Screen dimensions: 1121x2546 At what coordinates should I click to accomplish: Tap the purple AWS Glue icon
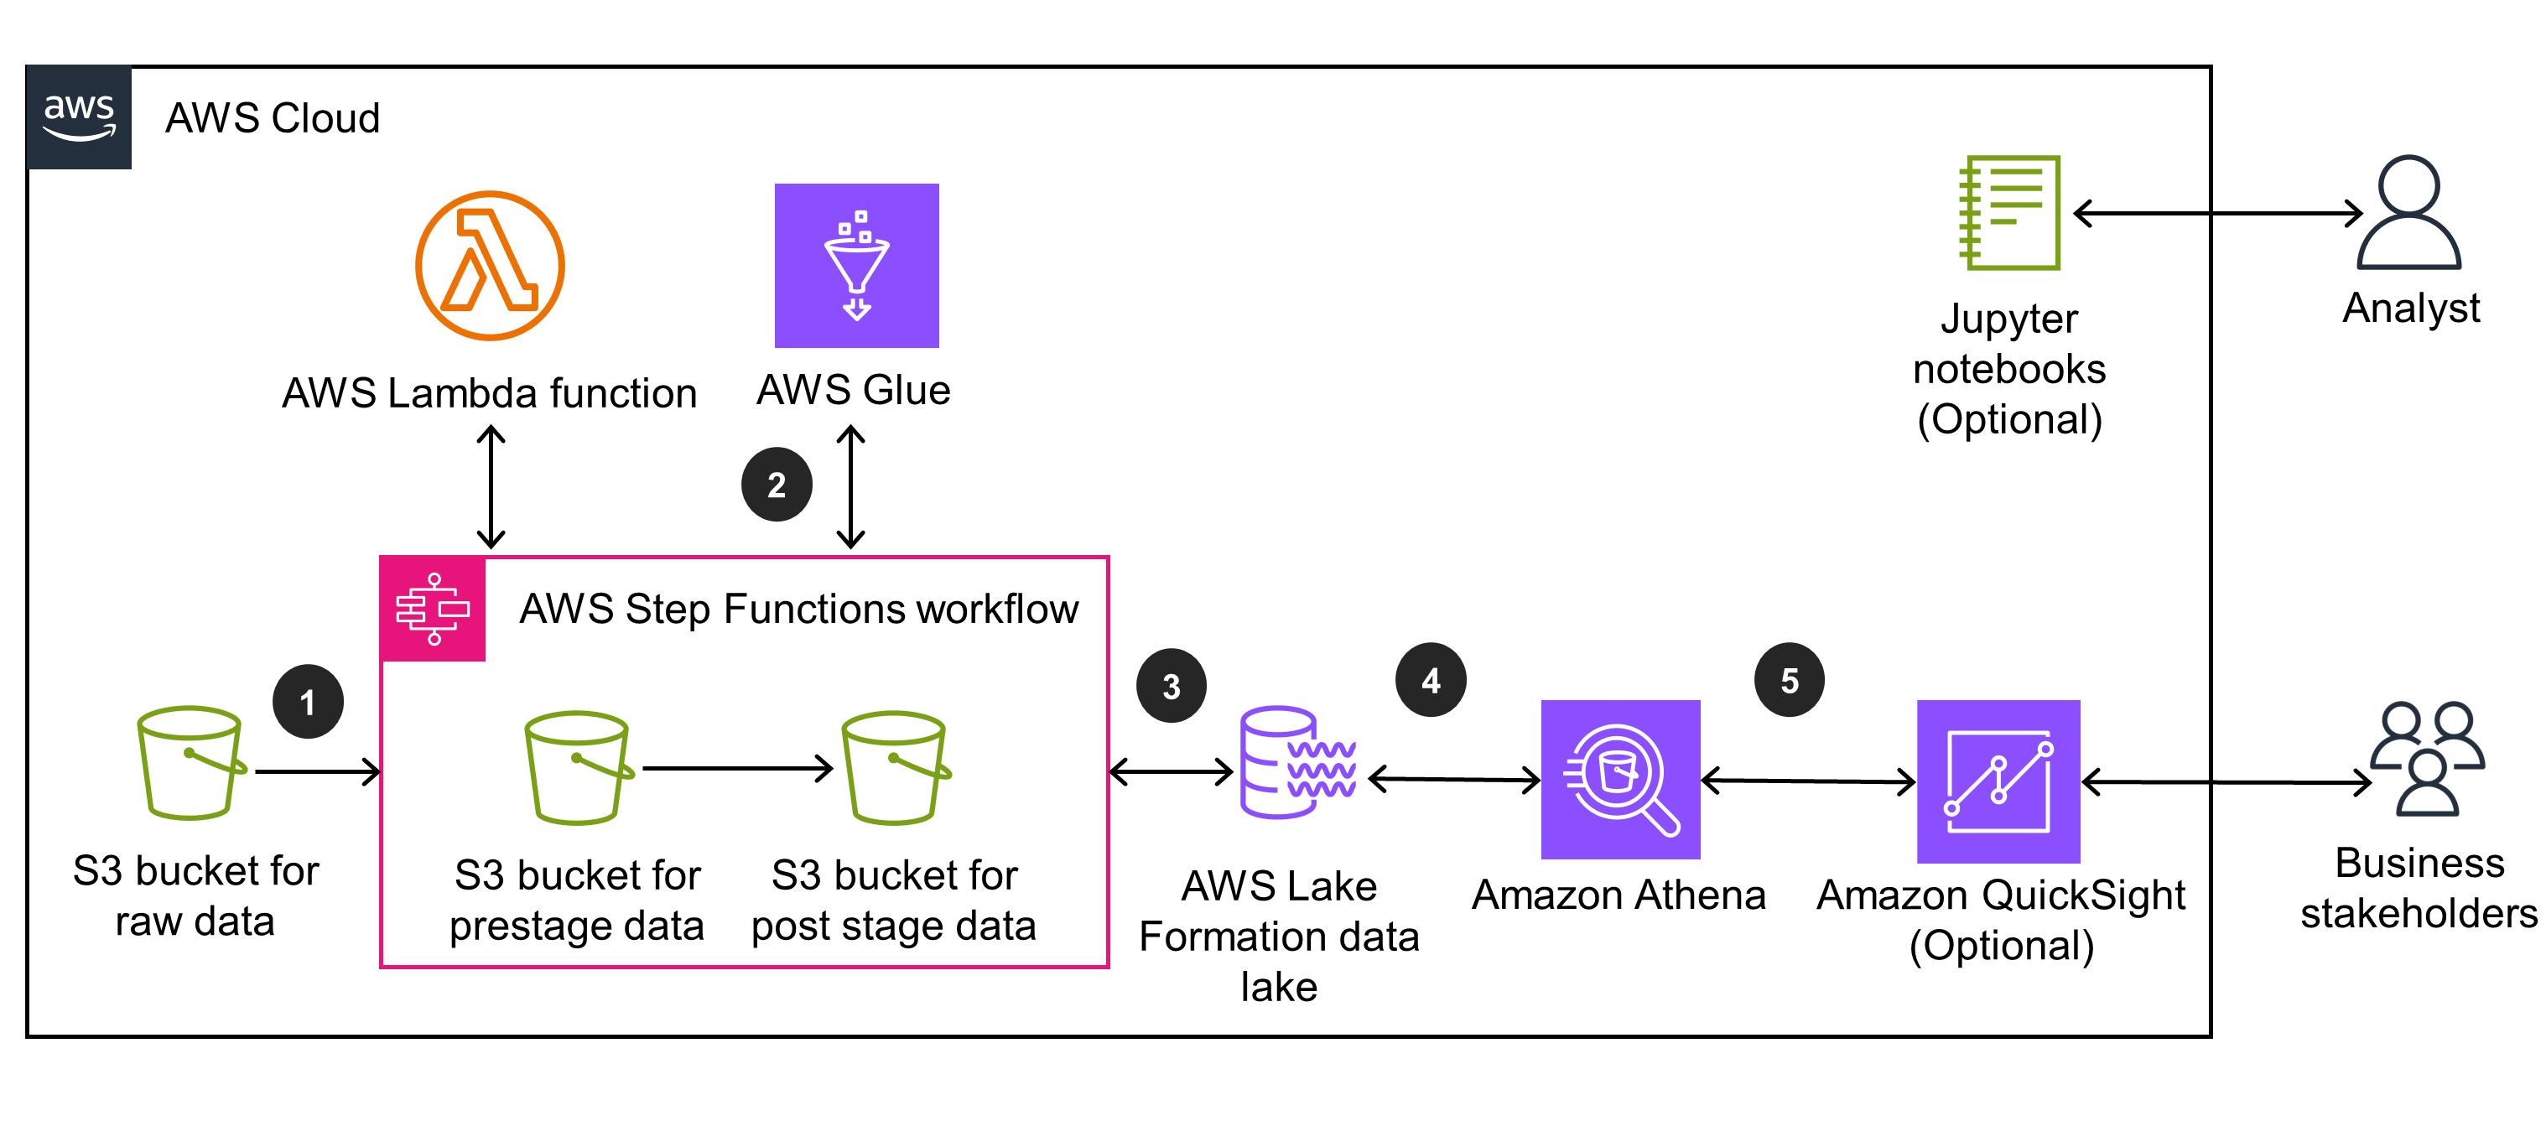tap(856, 265)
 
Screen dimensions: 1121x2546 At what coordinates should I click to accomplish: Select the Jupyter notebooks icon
tap(2010, 212)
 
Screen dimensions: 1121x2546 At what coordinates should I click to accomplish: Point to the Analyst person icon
tap(2408, 212)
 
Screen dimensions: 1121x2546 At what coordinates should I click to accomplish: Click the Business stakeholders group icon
tap(2426, 758)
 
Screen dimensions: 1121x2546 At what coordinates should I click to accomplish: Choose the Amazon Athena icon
tap(1620, 779)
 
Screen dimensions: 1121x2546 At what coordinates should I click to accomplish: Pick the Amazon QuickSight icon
tap(1998, 781)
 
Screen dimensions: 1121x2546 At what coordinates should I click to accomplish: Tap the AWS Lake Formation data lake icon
tap(1296, 762)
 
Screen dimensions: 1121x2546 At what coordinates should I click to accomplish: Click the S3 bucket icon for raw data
tap(190, 762)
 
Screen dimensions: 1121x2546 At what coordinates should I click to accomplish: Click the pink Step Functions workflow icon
tap(433, 609)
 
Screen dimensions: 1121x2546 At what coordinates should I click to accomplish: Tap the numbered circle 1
tap(308, 702)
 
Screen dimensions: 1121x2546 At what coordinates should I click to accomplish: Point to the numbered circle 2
tap(777, 485)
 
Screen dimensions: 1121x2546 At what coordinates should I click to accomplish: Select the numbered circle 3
tap(1172, 686)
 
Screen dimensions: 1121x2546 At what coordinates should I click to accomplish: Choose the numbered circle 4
tap(1430, 680)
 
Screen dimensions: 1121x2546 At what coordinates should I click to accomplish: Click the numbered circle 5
tap(1789, 680)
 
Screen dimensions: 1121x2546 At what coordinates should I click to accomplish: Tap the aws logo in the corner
tap(79, 117)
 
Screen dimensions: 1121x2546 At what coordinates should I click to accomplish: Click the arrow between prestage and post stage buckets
tap(737, 768)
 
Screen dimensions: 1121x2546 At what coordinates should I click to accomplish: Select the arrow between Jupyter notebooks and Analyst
tap(2217, 212)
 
